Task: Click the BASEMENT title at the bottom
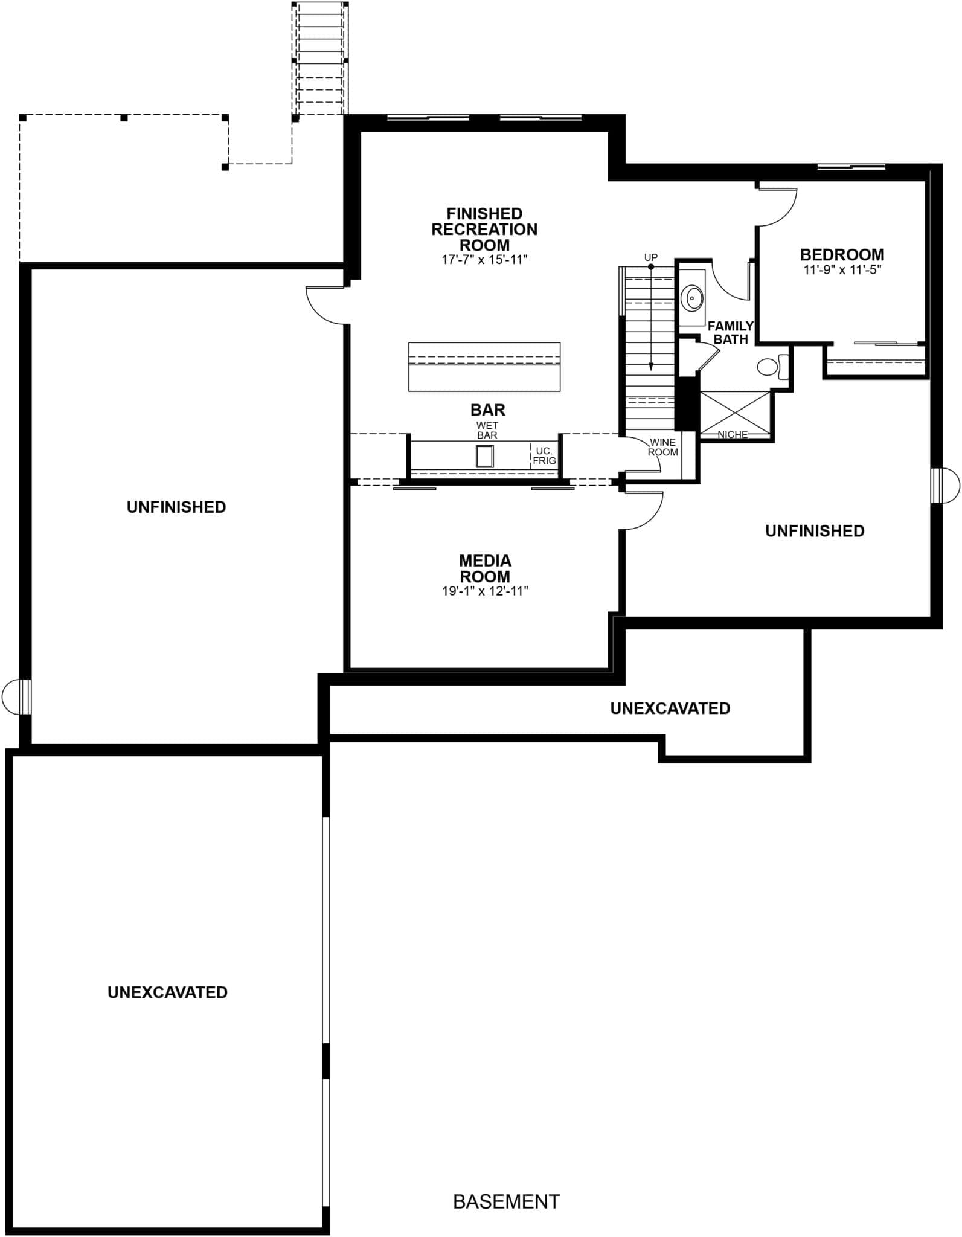click(x=506, y=1201)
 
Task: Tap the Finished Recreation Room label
click(x=484, y=230)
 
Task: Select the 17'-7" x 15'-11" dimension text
click(x=484, y=260)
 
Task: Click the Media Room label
click(x=485, y=568)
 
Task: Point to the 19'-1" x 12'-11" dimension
click(x=485, y=591)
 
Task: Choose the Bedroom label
click(x=842, y=255)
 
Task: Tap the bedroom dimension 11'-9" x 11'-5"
click(x=842, y=270)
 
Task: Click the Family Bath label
click(x=731, y=332)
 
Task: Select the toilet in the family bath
click(x=773, y=367)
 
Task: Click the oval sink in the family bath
click(x=691, y=298)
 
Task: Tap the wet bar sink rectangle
click(x=484, y=456)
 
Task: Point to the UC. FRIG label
click(x=544, y=456)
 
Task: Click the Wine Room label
click(x=663, y=448)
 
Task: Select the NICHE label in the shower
click(x=733, y=434)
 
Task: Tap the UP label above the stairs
click(x=650, y=257)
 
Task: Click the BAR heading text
click(x=487, y=410)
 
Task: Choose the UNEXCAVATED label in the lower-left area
click(x=167, y=992)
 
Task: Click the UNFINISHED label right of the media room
click(x=815, y=531)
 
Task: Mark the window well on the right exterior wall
click(x=945, y=485)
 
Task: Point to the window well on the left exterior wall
click(x=16, y=696)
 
